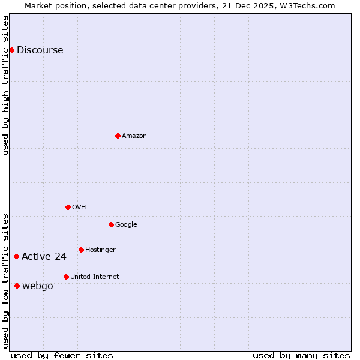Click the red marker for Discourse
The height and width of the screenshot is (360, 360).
pos(11,50)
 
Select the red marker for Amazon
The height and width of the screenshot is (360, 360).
pos(118,136)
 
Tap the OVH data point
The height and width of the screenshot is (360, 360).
pos(68,207)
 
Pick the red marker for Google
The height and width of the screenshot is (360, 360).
pos(111,224)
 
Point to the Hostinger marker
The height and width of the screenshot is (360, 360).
pos(81,250)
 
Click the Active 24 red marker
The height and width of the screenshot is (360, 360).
pos(16,256)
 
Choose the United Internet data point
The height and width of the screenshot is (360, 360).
pos(66,277)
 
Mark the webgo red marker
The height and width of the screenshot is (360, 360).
pos(17,286)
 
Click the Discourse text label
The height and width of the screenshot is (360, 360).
pos(40,50)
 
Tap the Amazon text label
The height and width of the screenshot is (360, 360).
pos(134,136)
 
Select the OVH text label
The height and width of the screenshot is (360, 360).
pos(79,207)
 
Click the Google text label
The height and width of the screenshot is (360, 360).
pos(126,224)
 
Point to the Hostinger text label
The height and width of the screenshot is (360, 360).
pos(100,250)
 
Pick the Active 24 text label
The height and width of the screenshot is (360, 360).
pos(44,257)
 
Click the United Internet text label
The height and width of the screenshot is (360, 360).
pos(94,277)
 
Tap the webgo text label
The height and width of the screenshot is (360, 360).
pos(37,286)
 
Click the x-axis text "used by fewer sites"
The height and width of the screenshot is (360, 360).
pos(62,355)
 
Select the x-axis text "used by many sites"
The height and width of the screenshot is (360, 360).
pos(301,355)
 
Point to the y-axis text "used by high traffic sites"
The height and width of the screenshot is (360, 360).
pos(6,85)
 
